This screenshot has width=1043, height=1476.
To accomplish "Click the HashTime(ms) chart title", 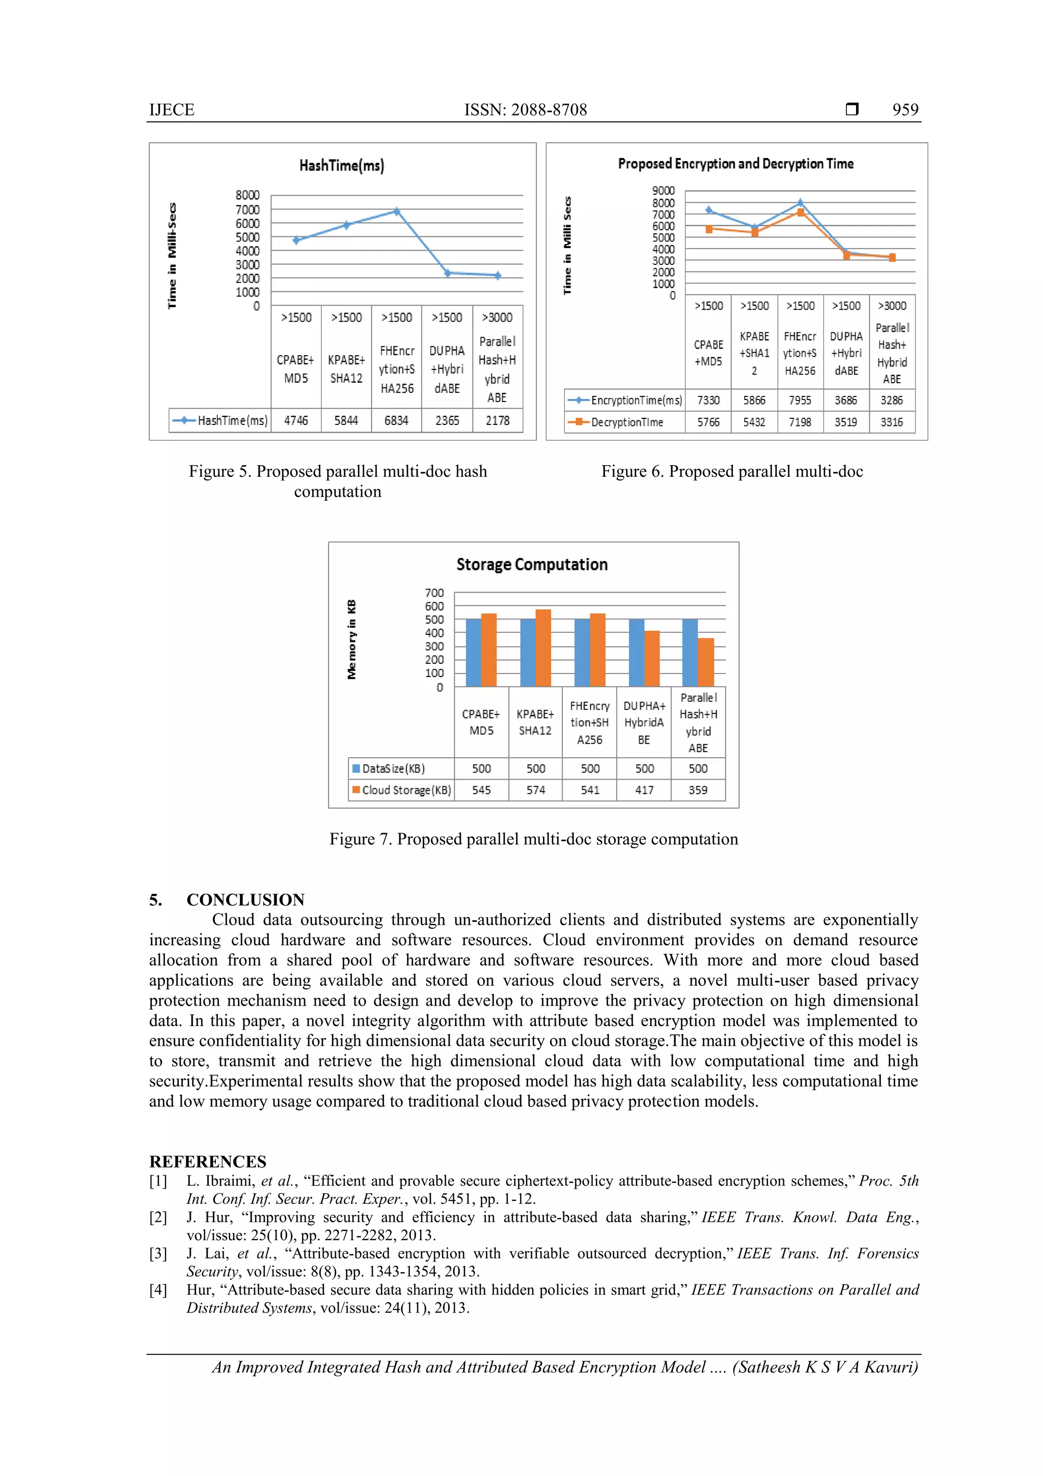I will click(x=341, y=166).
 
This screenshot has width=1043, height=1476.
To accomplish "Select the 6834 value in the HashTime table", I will click(x=397, y=420).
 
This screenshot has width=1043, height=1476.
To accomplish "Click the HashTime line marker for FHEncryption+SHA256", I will click(x=397, y=211).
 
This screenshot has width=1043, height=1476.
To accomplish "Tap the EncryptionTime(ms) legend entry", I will click(x=625, y=400).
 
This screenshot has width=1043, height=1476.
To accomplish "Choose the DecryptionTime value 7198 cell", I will click(x=800, y=422).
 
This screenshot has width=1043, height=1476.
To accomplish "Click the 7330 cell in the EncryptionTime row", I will click(x=708, y=400).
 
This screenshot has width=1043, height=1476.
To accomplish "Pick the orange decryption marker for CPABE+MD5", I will click(x=709, y=229).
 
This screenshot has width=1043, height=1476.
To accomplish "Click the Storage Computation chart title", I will click(x=532, y=565).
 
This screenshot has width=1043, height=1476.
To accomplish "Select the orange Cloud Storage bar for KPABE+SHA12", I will click(x=543, y=648).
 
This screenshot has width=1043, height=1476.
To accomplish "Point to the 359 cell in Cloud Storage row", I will click(x=698, y=790).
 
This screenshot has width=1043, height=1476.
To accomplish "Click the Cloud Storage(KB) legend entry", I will click(x=402, y=790).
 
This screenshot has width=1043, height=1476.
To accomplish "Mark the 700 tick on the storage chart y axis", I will click(x=434, y=593).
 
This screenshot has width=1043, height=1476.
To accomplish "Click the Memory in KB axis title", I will click(x=351, y=639).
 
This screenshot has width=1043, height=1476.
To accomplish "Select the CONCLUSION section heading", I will click(x=245, y=899).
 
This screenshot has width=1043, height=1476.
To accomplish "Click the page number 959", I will click(x=905, y=110).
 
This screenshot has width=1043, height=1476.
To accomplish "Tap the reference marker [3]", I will click(x=158, y=1253).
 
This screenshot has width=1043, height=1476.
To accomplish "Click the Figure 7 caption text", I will click(x=533, y=839).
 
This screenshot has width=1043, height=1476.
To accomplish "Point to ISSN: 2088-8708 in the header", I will click(x=525, y=110).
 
